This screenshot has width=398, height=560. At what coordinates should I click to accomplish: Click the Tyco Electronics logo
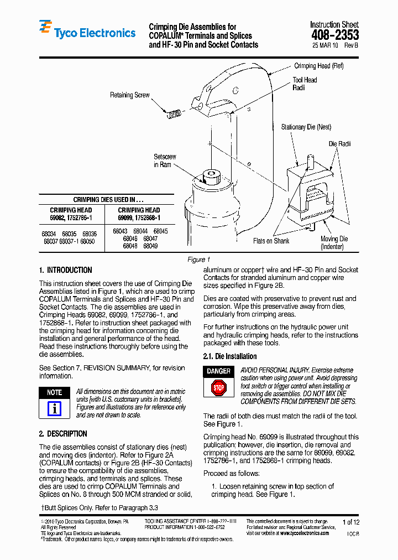click(x=87, y=33)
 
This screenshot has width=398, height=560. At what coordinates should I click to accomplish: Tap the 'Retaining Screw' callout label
click(x=130, y=95)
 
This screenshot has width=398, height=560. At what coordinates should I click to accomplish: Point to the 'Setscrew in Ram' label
click(x=165, y=161)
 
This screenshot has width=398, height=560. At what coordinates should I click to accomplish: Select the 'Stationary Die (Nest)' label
click(x=306, y=127)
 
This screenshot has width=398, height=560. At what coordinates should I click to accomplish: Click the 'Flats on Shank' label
click(x=271, y=241)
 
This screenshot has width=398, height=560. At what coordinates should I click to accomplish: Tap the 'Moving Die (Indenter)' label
click(x=334, y=243)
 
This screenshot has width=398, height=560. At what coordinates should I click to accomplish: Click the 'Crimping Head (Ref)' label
click(x=319, y=66)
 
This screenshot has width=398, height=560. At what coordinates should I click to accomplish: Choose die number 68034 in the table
click(x=49, y=234)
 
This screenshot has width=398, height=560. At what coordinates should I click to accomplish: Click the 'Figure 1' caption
click(x=199, y=260)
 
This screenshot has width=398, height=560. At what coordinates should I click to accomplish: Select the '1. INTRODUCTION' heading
click(x=65, y=270)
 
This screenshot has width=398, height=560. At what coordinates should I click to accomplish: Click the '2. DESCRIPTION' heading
click(x=63, y=434)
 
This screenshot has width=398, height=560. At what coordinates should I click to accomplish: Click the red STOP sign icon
click(x=219, y=388)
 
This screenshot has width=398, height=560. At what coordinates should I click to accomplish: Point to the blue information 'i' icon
click(x=54, y=408)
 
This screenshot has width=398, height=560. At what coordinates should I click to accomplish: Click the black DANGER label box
click(x=219, y=371)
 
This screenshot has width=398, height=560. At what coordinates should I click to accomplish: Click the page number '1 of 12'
click(x=351, y=522)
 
